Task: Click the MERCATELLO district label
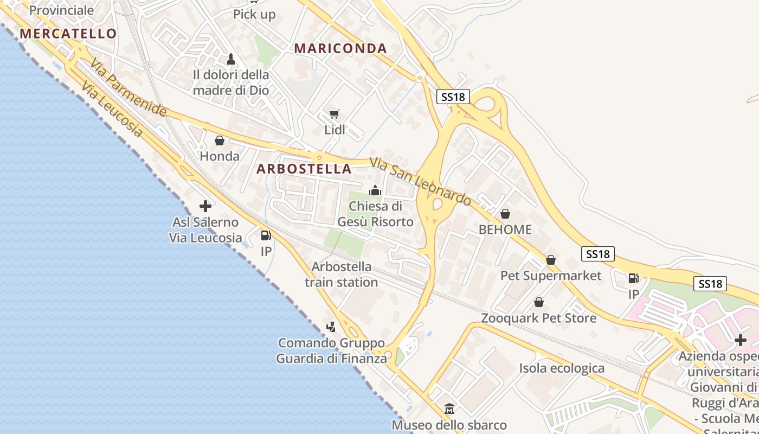tap(68, 34)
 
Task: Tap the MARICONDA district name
tap(340, 48)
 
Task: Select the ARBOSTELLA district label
tap(304, 169)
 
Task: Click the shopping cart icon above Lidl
tap(335, 114)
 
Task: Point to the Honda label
tap(220, 156)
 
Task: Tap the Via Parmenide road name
tap(128, 87)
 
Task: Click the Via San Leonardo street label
tap(420, 181)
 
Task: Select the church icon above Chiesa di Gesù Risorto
tap(375, 190)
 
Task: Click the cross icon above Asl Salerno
tap(205, 206)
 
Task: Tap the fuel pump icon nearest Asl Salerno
tap(266, 235)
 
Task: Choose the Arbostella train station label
tap(342, 275)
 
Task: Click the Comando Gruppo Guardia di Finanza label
tap(332, 350)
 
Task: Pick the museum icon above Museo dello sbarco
tap(449, 409)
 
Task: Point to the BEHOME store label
tap(505, 229)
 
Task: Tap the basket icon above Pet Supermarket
tap(551, 260)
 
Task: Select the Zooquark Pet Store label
tap(538, 318)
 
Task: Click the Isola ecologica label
tap(562, 368)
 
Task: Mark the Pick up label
tap(254, 15)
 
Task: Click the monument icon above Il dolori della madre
tap(231, 59)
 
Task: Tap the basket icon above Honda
tap(220, 141)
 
